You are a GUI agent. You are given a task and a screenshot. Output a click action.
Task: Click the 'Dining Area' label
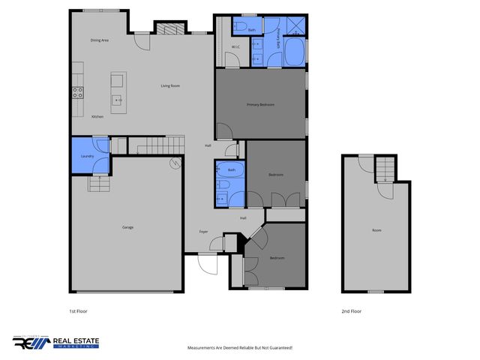(x=100, y=40)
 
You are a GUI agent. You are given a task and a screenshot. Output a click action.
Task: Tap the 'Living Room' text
(x=170, y=86)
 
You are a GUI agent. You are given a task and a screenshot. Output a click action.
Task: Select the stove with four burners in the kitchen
(x=77, y=93)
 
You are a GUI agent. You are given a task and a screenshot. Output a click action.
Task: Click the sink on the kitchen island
(x=117, y=99)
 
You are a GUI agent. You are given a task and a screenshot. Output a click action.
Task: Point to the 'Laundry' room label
(x=86, y=156)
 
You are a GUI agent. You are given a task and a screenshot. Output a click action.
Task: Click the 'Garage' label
(x=128, y=226)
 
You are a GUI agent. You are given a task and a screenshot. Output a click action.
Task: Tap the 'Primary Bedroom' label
(x=260, y=105)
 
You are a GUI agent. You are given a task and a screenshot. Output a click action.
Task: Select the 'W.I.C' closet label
(x=235, y=47)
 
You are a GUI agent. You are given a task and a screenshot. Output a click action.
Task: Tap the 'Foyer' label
(x=203, y=232)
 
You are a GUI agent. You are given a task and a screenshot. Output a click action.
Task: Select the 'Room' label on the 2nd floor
(x=376, y=230)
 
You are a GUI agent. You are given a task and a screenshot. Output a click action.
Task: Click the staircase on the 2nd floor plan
(x=384, y=170)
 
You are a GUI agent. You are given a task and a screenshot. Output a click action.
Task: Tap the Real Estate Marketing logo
(x=56, y=342)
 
